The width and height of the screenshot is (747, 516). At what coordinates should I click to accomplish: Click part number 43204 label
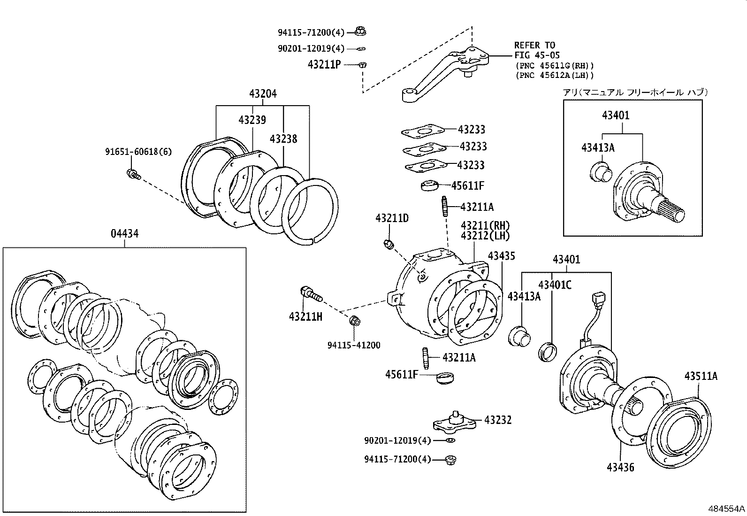click(x=263, y=94)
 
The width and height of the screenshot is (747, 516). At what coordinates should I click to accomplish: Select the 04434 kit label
click(x=124, y=233)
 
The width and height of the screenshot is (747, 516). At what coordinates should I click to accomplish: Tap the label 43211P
click(x=324, y=65)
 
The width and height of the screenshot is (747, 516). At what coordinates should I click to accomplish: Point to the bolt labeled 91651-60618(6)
click(x=133, y=174)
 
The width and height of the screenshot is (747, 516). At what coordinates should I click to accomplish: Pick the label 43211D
click(x=392, y=218)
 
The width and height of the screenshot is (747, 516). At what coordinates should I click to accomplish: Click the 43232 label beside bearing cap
click(x=498, y=420)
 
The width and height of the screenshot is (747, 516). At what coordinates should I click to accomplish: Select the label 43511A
click(x=701, y=376)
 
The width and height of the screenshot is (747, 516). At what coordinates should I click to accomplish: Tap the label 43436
click(x=620, y=467)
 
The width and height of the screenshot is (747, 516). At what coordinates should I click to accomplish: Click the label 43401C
click(x=555, y=285)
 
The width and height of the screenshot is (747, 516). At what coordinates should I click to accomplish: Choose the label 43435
click(x=501, y=256)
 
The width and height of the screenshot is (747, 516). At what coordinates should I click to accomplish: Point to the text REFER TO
click(x=534, y=46)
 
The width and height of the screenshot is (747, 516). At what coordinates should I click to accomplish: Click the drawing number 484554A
click(x=726, y=509)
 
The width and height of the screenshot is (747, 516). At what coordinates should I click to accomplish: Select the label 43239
click(x=252, y=120)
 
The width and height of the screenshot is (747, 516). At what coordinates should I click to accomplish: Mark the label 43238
click(x=283, y=139)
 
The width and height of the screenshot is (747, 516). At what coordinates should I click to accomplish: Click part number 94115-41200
click(x=354, y=345)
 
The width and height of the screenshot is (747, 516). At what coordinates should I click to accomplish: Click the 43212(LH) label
click(x=485, y=236)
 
